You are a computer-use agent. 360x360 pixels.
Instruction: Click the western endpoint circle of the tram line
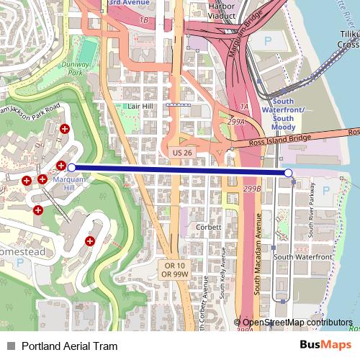71,167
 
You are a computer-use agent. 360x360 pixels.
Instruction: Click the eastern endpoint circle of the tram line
289,173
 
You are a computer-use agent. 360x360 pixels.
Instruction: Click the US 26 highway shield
181,153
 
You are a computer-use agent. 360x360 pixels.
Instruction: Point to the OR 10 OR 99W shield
174,270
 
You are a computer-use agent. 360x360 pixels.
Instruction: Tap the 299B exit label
252,189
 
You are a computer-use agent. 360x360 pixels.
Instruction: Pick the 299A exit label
237,122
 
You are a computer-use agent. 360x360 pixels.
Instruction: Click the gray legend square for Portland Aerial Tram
10,346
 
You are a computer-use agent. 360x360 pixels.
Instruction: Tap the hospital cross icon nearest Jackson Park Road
65,129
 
